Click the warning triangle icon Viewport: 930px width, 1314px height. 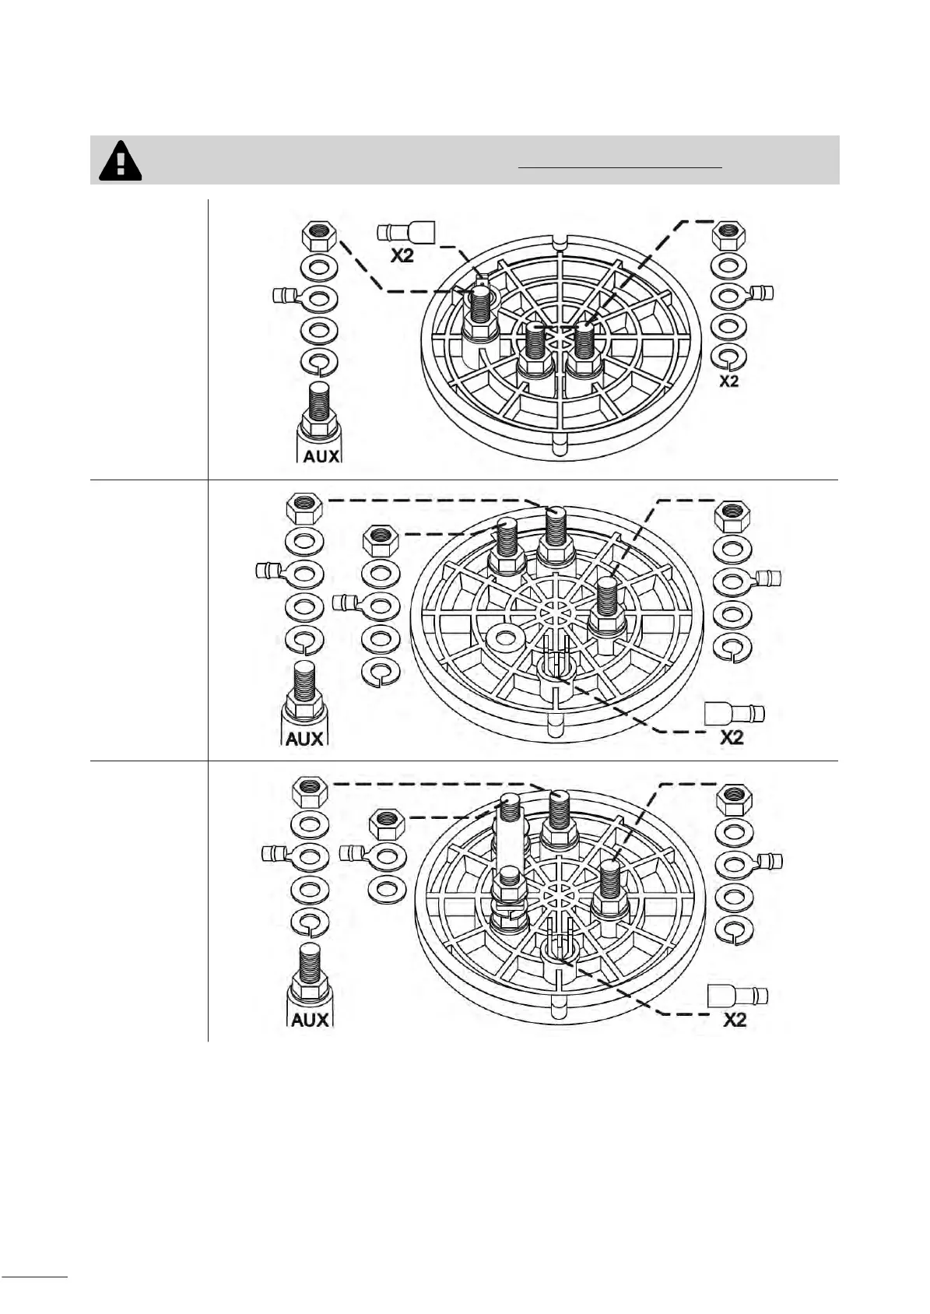(120, 160)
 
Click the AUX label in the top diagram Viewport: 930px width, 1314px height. (321, 456)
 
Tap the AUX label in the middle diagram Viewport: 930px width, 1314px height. (304, 738)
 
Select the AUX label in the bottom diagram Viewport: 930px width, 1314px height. (310, 1020)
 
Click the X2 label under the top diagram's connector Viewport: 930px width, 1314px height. (402, 255)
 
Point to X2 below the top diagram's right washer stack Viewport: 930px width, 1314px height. (729, 381)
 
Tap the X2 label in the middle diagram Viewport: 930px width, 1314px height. (732, 737)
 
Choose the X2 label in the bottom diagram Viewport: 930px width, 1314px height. (735, 1020)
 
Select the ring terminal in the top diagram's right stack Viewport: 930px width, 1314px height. (741, 294)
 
